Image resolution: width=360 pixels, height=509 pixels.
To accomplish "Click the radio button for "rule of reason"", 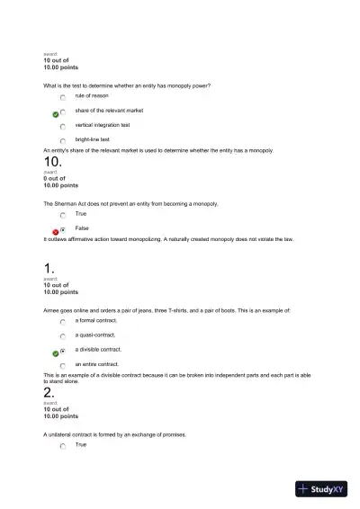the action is pyautogui.click(x=63, y=97).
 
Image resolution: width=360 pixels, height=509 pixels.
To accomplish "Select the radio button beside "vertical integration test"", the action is pyautogui.click(x=63, y=127).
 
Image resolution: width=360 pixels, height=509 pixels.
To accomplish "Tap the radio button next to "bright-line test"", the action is pyautogui.click(x=63, y=141).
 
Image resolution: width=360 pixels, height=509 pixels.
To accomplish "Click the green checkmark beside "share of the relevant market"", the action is pyautogui.click(x=55, y=114).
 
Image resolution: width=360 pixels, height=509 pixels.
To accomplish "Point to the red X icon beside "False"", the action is pyautogui.click(x=55, y=231).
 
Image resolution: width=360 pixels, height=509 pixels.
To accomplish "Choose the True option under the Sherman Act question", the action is pyautogui.click(x=63, y=216).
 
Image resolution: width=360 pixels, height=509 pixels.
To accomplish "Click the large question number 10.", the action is pyautogui.click(x=52, y=162).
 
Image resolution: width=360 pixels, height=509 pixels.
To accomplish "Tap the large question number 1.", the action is pyautogui.click(x=49, y=268).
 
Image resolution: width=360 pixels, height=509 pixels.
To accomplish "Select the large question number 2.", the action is pyautogui.click(x=49, y=392).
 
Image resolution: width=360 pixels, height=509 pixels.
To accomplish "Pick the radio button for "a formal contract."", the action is pyautogui.click(x=63, y=321).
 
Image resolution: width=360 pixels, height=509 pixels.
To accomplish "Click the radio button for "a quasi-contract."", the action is pyautogui.click(x=63, y=336).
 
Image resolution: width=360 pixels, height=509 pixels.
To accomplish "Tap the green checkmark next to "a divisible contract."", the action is pyautogui.click(x=55, y=353).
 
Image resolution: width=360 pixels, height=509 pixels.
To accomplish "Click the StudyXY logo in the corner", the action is pyautogui.click(x=321, y=489).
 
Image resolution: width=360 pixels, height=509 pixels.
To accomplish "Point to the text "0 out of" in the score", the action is pyautogui.click(x=56, y=178).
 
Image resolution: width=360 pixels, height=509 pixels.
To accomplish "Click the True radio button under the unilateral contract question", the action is pyautogui.click(x=63, y=446).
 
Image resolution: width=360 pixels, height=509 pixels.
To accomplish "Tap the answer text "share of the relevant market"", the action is pyautogui.click(x=109, y=111).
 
